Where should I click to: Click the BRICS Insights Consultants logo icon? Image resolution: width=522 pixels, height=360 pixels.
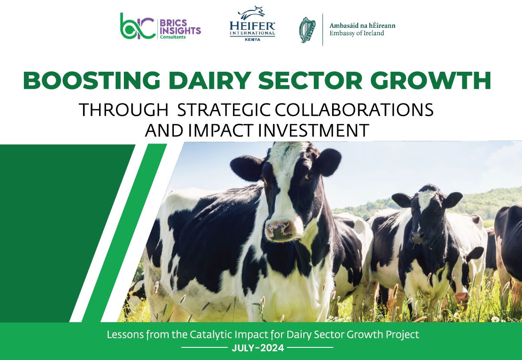tap(138, 26)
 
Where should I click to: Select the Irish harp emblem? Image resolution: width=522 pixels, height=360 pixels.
tap(307, 30)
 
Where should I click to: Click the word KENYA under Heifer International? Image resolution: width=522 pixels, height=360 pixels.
tap(253, 40)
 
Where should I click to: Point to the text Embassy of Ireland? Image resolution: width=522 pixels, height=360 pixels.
tap(356, 33)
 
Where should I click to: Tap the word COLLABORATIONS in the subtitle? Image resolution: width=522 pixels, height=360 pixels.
tap(354, 110)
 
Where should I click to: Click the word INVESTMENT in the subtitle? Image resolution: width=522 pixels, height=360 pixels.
tap(314, 130)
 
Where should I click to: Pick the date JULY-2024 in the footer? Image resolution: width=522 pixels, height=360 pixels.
tap(258, 348)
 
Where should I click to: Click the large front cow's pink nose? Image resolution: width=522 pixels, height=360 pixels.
tap(278, 229)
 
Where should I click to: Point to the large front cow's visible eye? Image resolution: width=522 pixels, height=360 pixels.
tap(308, 176)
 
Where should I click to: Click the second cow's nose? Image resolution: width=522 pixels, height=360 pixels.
tap(418, 236)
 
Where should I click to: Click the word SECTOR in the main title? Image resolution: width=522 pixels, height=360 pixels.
tap(310, 80)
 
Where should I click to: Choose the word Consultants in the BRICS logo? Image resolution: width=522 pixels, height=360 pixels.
tap(173, 37)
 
